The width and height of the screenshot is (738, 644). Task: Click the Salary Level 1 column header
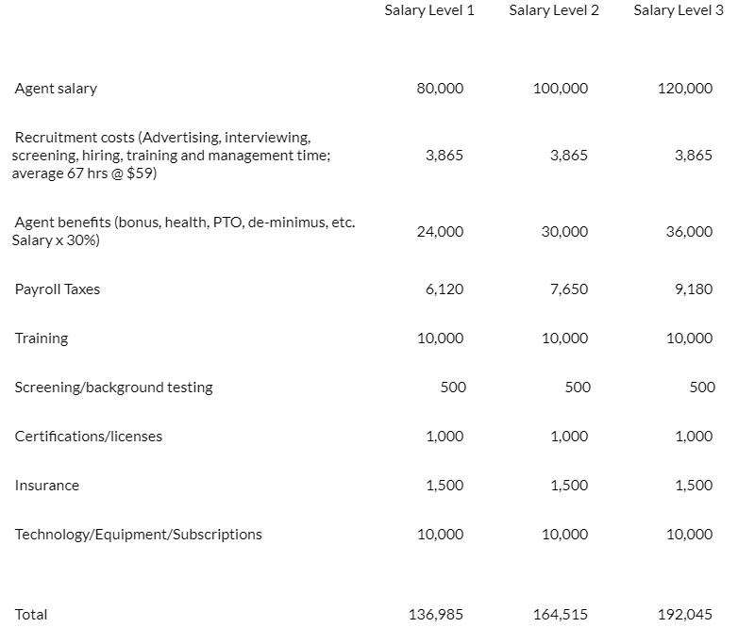pos(429,11)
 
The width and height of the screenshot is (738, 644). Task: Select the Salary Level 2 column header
pos(554,11)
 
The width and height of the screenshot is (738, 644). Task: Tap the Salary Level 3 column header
pos(679,11)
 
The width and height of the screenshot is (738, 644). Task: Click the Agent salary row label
pos(56,89)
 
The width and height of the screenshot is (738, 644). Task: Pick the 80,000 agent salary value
pos(440,89)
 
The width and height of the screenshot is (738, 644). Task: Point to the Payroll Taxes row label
pos(57,289)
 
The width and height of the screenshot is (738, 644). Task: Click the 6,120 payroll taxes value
pos(444,289)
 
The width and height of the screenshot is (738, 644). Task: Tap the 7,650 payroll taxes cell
pos(568,289)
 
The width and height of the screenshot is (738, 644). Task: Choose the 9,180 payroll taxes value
pos(694,289)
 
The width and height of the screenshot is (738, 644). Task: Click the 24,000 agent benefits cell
pos(440,232)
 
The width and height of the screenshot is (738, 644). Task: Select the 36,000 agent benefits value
pos(689,232)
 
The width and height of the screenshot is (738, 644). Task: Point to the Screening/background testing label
pos(113,388)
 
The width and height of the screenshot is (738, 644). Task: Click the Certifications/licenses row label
pos(89,437)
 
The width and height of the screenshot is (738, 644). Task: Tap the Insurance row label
pos(47,486)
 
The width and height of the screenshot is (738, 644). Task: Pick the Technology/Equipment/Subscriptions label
pos(139,535)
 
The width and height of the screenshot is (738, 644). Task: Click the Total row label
pos(31,615)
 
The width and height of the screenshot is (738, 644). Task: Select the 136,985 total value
pos(435,615)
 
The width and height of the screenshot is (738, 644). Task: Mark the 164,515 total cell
pos(561,615)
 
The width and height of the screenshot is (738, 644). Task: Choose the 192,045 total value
pos(685,615)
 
